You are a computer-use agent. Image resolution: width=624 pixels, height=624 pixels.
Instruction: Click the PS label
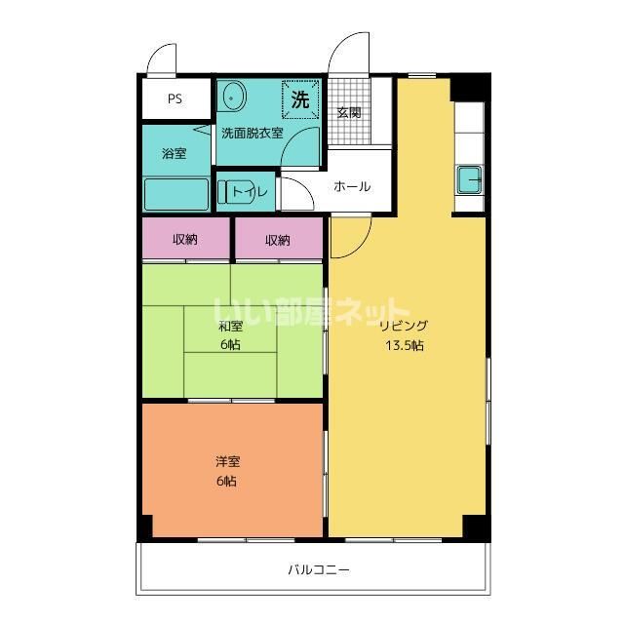(x=175, y=98)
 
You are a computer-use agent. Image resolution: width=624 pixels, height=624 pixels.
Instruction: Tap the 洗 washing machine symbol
(x=300, y=99)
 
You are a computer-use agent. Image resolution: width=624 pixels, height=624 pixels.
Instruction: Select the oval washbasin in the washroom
(x=234, y=97)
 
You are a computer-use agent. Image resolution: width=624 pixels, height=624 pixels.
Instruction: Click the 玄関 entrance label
(x=349, y=113)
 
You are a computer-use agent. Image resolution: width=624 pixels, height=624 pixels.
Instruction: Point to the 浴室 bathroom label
(x=174, y=153)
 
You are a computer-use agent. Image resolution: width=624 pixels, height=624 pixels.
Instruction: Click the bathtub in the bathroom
(x=175, y=194)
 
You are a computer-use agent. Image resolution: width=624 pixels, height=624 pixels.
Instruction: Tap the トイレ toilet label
(x=250, y=192)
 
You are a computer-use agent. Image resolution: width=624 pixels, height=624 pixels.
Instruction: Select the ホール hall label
(x=352, y=186)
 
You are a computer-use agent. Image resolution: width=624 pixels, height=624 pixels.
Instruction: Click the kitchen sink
(x=469, y=179)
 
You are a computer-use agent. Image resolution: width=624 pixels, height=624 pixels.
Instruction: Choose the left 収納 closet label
(x=185, y=240)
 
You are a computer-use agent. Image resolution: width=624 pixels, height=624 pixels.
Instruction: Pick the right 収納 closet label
(x=277, y=240)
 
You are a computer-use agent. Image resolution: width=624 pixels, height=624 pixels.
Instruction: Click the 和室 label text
(x=230, y=327)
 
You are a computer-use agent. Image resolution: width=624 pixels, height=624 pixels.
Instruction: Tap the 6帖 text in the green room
(x=230, y=344)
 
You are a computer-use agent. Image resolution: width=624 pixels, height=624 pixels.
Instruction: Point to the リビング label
(x=404, y=326)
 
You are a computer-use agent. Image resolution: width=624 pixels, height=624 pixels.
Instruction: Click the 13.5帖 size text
(x=405, y=345)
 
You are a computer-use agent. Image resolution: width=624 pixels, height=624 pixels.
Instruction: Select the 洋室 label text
(x=227, y=462)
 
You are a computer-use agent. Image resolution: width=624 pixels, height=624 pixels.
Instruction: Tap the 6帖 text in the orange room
(x=226, y=481)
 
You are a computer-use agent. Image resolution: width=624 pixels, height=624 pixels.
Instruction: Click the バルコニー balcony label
(x=319, y=569)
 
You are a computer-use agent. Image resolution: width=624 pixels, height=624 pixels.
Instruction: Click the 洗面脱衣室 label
(x=253, y=133)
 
